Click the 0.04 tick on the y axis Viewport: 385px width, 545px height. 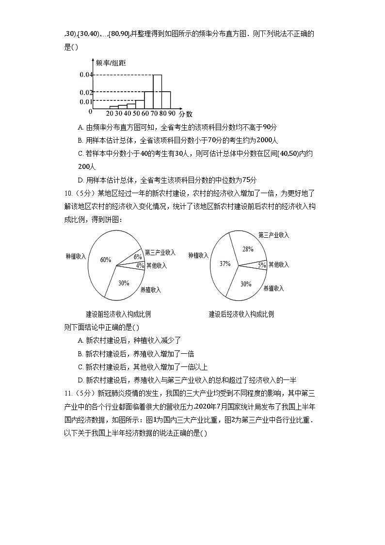tap(86, 75)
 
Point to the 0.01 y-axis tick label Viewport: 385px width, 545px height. tap(86, 101)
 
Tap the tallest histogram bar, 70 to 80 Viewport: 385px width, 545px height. tap(157, 91)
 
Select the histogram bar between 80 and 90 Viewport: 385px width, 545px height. tap(166, 99)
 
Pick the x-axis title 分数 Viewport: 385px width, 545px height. tap(185, 114)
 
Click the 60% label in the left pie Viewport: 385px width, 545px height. tap(106, 260)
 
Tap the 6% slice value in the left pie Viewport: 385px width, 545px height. tap(138, 257)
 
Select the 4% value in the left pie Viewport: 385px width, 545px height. tap(140, 265)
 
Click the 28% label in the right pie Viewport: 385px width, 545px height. tap(248, 249)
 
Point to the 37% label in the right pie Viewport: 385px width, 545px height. tap(225, 264)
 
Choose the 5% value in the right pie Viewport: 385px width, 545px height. tap(262, 265)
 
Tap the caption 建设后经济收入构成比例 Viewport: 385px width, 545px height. tap(241, 314)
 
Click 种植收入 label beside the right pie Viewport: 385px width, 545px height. tap(198, 255)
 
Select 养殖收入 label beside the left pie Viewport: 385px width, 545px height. tap(150, 290)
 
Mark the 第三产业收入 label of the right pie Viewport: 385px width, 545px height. tap(273, 235)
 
